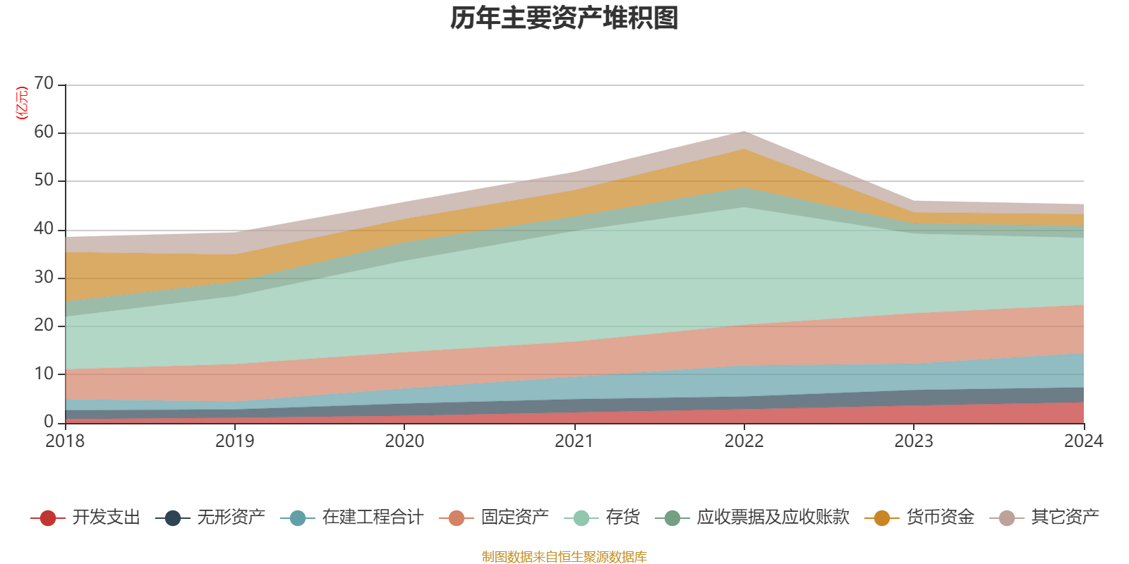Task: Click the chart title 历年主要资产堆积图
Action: [564, 19]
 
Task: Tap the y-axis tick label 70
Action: [44, 84]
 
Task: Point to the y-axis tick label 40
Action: [44, 229]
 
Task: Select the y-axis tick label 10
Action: [44, 374]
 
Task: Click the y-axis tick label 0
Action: [49, 422]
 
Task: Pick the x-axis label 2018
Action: [65, 441]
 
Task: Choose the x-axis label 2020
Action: [404, 441]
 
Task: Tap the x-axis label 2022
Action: [744, 441]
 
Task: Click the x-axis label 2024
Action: [1083, 441]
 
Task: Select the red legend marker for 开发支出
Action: [48, 518]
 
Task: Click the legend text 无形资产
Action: [231, 517]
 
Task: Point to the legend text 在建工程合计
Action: [373, 517]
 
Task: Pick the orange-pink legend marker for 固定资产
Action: [456, 518]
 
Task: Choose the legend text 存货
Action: [622, 517]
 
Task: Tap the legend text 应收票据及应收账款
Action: [773, 517]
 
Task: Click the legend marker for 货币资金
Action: [882, 518]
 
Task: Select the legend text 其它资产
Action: [1065, 517]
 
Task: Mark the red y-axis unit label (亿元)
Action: [22, 103]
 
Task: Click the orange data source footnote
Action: [564, 557]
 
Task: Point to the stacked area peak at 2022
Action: [744, 132]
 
